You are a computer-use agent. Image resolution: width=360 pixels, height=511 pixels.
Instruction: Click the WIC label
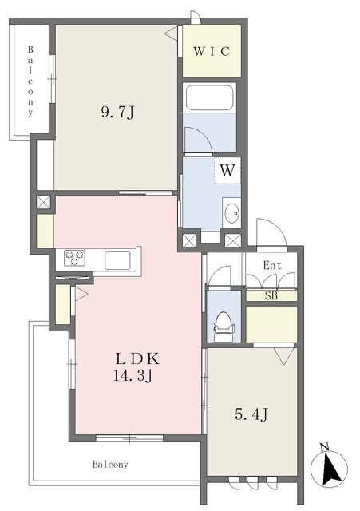[x=212, y=51]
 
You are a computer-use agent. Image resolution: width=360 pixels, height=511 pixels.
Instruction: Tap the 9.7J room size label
[x=117, y=113]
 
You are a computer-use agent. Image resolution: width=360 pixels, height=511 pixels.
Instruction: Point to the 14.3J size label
[x=133, y=376]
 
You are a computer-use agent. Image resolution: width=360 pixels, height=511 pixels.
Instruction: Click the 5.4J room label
[x=251, y=414]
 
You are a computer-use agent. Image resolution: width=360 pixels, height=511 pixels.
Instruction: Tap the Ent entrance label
[x=272, y=266]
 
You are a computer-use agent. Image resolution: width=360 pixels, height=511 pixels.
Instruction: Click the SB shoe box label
[x=271, y=296]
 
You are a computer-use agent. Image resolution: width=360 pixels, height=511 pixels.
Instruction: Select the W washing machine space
[x=227, y=170]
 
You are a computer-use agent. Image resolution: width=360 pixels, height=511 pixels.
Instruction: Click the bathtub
[x=209, y=97]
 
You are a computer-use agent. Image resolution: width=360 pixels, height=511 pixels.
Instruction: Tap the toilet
[x=224, y=327]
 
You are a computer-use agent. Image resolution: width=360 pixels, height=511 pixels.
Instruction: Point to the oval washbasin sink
[x=232, y=214]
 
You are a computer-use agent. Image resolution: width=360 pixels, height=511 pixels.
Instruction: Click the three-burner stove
[x=74, y=259]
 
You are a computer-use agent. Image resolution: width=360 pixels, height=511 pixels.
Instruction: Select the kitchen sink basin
[x=117, y=259]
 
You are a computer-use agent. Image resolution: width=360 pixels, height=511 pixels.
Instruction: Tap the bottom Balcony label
[x=110, y=464]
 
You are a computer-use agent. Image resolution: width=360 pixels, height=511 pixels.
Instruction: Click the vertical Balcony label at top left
[x=30, y=81]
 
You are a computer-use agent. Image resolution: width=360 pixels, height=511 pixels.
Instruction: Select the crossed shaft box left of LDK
[x=43, y=202]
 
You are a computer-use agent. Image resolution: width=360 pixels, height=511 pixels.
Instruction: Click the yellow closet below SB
[x=271, y=324]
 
